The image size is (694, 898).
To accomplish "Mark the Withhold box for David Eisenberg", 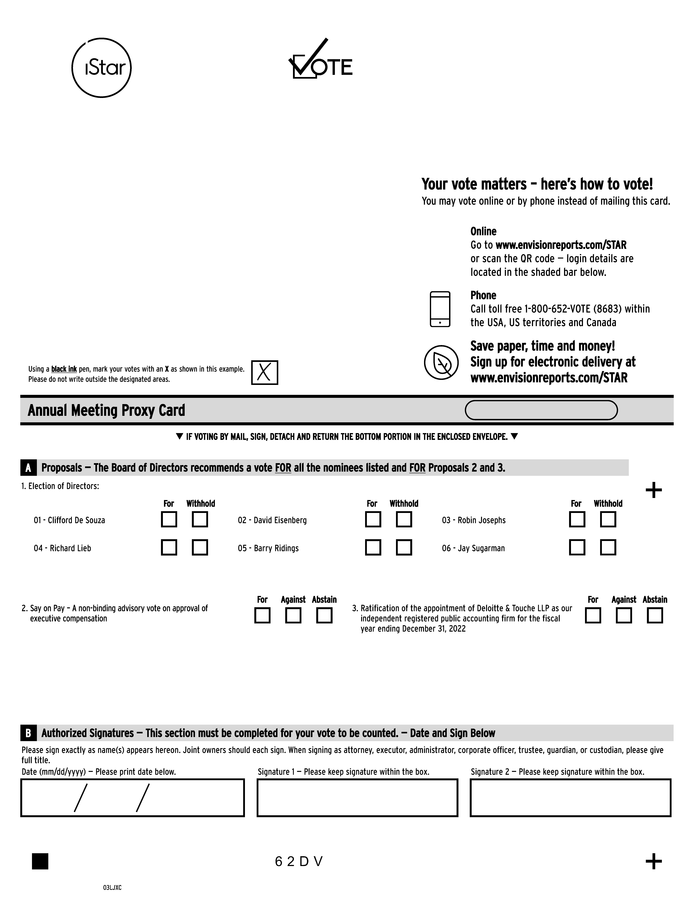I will (x=404, y=519).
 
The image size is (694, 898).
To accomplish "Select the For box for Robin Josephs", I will (x=577, y=519).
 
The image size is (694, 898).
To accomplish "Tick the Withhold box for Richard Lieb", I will (x=200, y=547).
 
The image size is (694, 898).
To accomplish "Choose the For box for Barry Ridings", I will (x=373, y=547).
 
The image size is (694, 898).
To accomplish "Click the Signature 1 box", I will (x=357, y=798).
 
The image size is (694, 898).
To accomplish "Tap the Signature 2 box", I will (x=570, y=798).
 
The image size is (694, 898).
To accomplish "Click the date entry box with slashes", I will (x=132, y=798).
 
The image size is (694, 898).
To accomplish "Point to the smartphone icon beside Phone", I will (x=440, y=309).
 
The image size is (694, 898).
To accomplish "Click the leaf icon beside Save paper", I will (x=441, y=362).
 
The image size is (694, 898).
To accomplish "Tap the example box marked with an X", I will (x=264, y=373).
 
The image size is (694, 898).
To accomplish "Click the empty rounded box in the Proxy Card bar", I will (x=541, y=410).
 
